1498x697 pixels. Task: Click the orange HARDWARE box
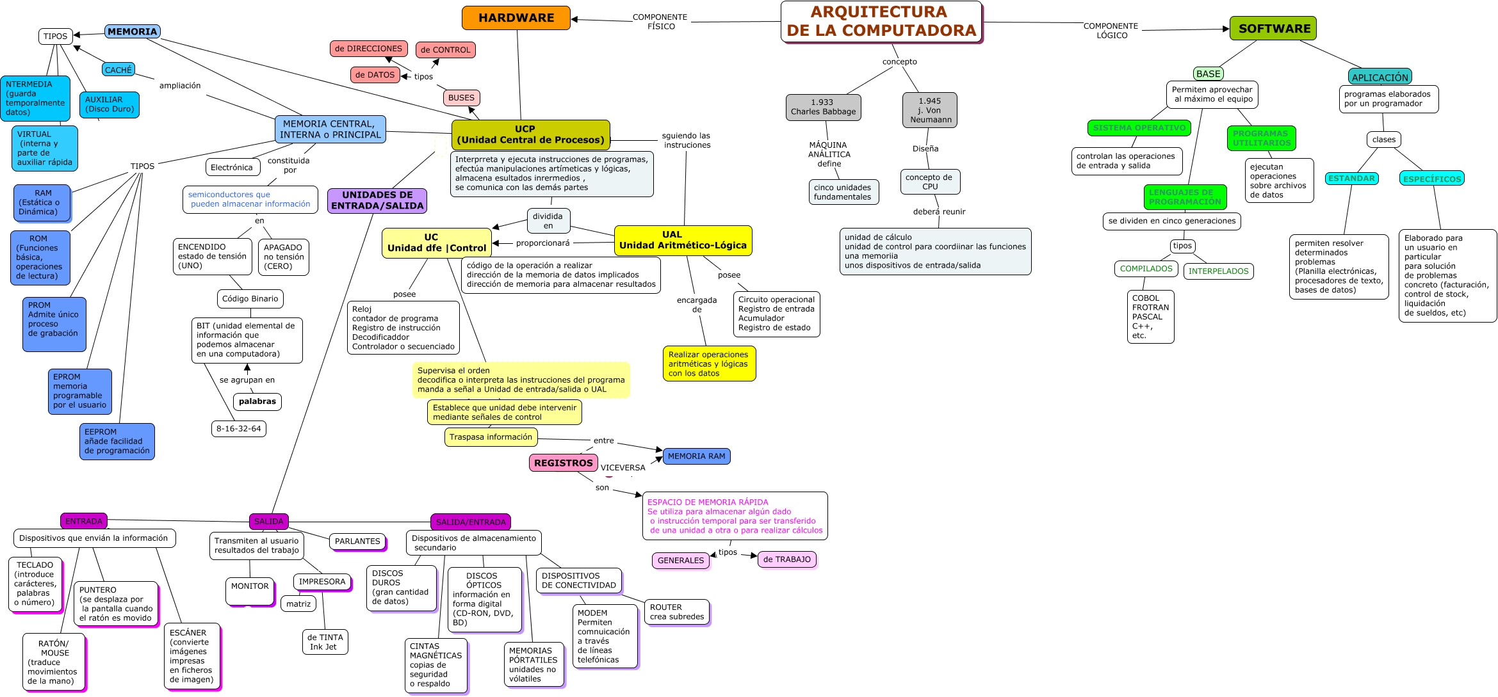pyautogui.click(x=516, y=18)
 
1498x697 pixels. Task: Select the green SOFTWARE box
pyautogui.click(x=1273, y=29)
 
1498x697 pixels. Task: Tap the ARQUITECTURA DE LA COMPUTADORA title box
pyautogui.click(x=881, y=22)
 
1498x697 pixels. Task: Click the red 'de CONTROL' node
pyautogui.click(x=445, y=50)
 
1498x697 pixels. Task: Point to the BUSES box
pyautogui.click(x=461, y=98)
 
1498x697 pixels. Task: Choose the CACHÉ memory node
pyautogui.click(x=118, y=70)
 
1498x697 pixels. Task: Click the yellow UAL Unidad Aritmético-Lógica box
pyautogui.click(x=683, y=240)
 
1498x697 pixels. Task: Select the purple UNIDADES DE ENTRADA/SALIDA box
pyautogui.click(x=377, y=200)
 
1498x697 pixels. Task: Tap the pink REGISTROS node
pyautogui.click(x=563, y=463)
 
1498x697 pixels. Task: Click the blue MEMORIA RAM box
pyautogui.click(x=696, y=456)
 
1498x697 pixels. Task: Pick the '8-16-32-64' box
pyautogui.click(x=238, y=429)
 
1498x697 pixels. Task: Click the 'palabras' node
pyautogui.click(x=257, y=402)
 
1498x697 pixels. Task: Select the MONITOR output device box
pyautogui.click(x=250, y=590)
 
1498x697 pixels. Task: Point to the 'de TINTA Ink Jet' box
pyautogui.click(x=325, y=642)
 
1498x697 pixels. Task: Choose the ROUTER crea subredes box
pyautogui.click(x=676, y=612)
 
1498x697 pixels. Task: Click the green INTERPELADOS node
pyautogui.click(x=1218, y=271)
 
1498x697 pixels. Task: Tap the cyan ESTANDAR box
pyautogui.click(x=1351, y=179)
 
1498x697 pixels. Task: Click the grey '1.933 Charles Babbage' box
pyautogui.click(x=823, y=107)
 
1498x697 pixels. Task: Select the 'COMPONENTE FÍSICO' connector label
pyautogui.click(x=660, y=22)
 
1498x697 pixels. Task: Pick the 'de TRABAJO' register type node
pyautogui.click(x=786, y=559)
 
